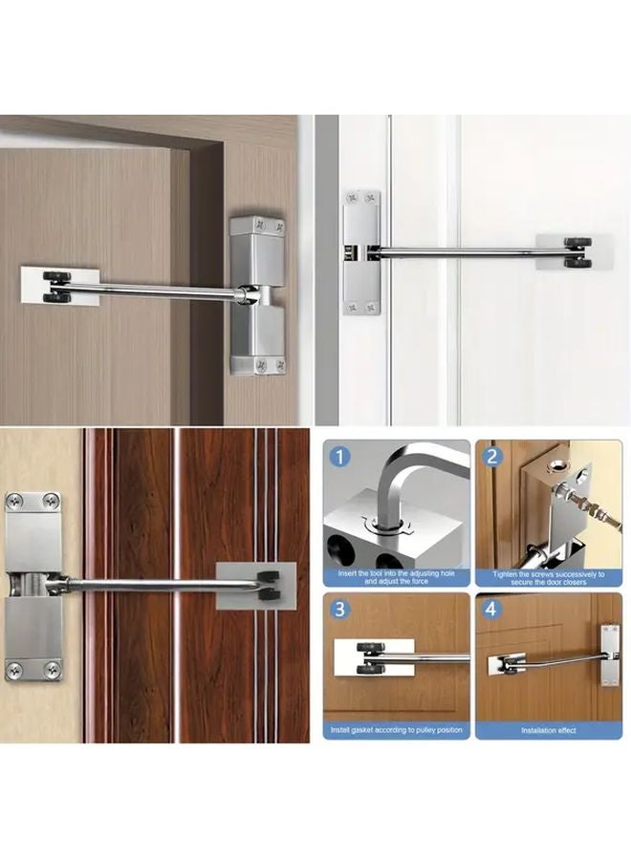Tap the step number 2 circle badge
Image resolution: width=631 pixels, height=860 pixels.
[492, 456]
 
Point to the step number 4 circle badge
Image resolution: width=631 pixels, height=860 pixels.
[492, 609]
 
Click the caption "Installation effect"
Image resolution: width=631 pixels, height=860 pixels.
[549, 730]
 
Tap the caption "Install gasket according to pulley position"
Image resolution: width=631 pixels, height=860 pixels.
[397, 730]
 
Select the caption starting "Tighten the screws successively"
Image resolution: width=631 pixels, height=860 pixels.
[549, 578]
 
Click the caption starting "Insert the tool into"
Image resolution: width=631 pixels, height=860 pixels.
[397, 578]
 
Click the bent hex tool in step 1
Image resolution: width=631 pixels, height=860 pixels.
[402, 487]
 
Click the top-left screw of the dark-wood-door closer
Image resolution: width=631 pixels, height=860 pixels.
[17, 501]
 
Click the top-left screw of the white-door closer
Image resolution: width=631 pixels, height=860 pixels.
[353, 198]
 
